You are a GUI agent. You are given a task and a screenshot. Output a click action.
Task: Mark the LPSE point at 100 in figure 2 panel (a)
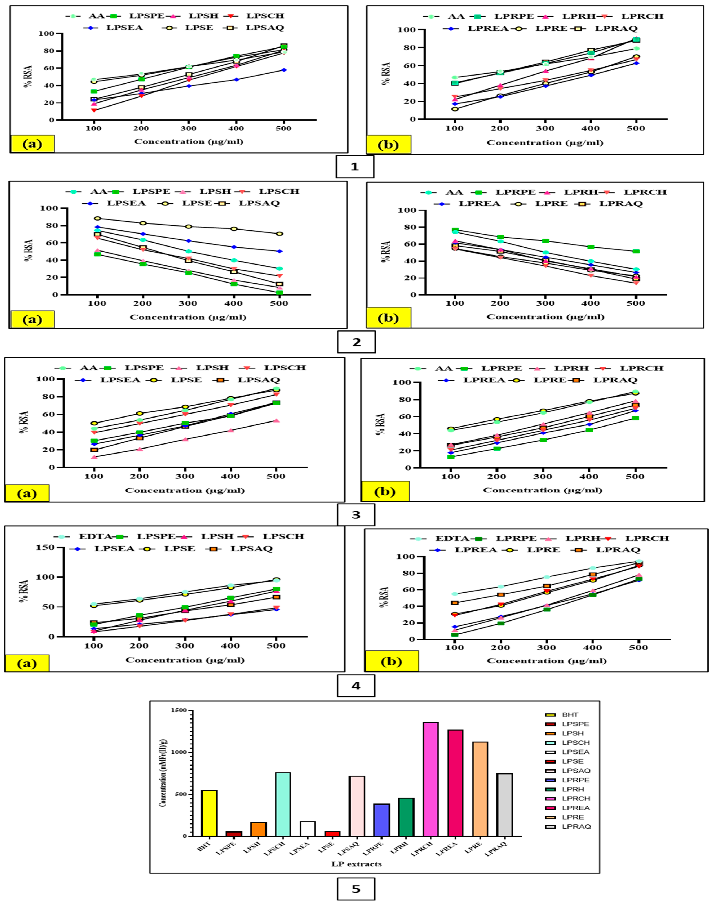point(97,218)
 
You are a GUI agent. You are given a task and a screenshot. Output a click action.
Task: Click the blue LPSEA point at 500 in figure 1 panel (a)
point(284,70)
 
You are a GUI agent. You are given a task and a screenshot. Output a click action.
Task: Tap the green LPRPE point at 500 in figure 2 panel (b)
point(636,251)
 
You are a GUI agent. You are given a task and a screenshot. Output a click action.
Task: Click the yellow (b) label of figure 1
point(388,145)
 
